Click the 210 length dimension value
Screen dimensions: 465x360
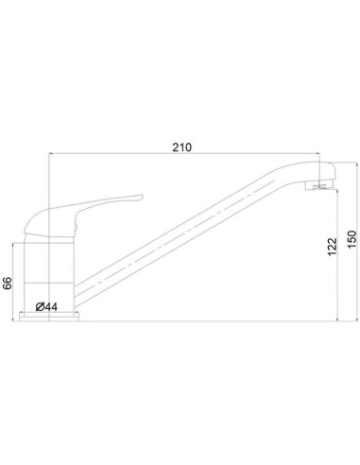point(182,146)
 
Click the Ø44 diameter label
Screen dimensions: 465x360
point(47,305)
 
